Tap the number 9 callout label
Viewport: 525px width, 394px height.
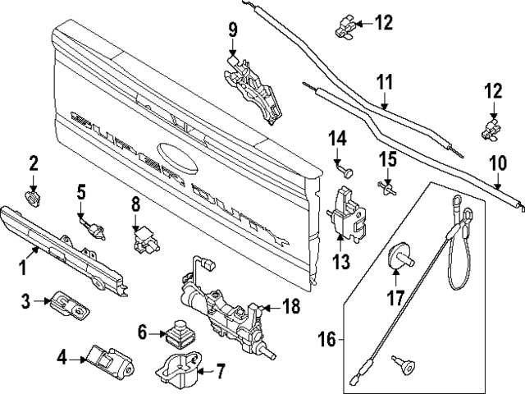click(x=232, y=30)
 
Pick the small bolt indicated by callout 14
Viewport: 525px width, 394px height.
click(x=346, y=170)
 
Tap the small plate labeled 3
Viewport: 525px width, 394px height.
click(x=67, y=305)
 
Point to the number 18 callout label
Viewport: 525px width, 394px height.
click(x=291, y=308)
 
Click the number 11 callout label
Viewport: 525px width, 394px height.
click(x=386, y=83)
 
